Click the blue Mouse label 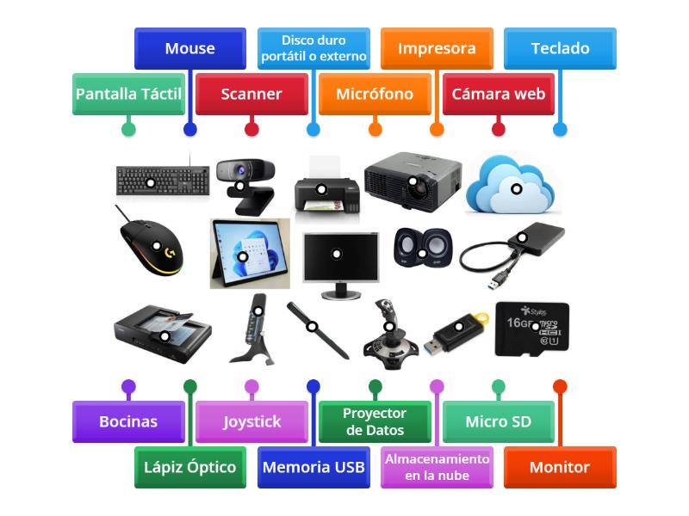189,49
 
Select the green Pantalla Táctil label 128,95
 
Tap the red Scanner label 251,95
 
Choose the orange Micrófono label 375,95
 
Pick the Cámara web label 498,95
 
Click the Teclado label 560,49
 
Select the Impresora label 437,49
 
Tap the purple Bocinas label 128,422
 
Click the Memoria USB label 313,467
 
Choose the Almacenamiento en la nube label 437,467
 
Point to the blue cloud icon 513,185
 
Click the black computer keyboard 163,180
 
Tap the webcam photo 245,182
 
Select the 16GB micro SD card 531,328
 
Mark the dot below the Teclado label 560,129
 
